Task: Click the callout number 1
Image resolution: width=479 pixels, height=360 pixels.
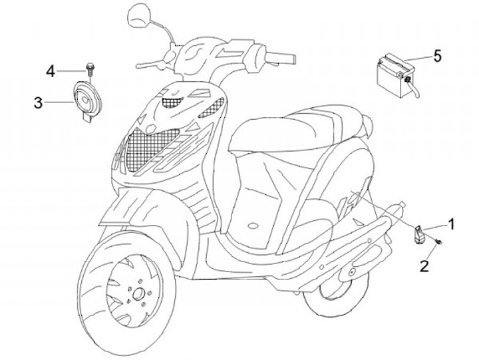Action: click(451, 224)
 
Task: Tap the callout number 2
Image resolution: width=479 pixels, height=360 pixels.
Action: click(424, 267)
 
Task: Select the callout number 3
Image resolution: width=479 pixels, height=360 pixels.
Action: click(39, 102)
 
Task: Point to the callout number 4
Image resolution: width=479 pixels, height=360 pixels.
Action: click(51, 70)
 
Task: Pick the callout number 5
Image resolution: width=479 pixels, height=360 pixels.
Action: click(437, 55)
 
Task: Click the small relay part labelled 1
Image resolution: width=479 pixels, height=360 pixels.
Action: click(419, 233)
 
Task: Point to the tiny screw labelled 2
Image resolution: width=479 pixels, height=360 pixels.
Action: click(440, 242)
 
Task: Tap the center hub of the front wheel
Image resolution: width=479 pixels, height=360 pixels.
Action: click(138, 293)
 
